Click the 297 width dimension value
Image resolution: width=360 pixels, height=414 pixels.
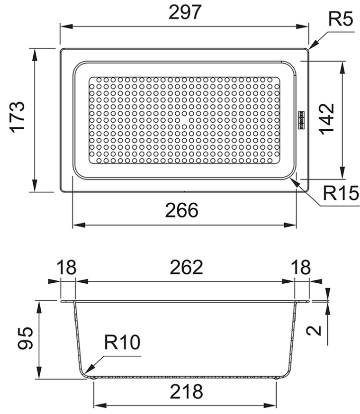[185, 12]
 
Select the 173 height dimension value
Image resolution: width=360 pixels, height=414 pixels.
[18, 117]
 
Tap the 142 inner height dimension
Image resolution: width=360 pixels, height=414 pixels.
[326, 119]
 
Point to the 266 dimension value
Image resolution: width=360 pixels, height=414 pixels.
[182, 210]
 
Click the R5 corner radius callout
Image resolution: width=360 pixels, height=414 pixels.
[341, 19]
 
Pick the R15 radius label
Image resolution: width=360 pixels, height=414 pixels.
[341, 193]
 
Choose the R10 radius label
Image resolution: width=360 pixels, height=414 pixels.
[122, 342]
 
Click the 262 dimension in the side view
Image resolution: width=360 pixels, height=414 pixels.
[186, 267]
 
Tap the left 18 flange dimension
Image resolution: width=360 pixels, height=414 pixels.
[66, 267]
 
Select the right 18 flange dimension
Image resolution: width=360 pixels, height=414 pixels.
[301, 267]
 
